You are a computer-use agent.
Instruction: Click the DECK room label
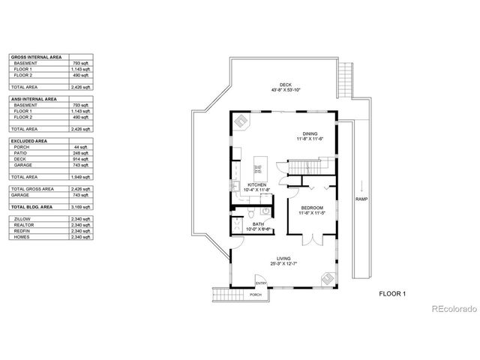[x=285, y=85]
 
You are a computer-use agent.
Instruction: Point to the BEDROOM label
[x=312, y=207]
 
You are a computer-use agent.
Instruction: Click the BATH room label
[x=258, y=223]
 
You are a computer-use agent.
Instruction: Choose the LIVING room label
[x=283, y=259]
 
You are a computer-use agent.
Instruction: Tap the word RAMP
[x=361, y=199]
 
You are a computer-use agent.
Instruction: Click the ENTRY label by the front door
[x=260, y=283]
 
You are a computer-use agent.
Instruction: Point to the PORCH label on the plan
[x=256, y=295]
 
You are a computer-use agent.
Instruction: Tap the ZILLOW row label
[x=22, y=217]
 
